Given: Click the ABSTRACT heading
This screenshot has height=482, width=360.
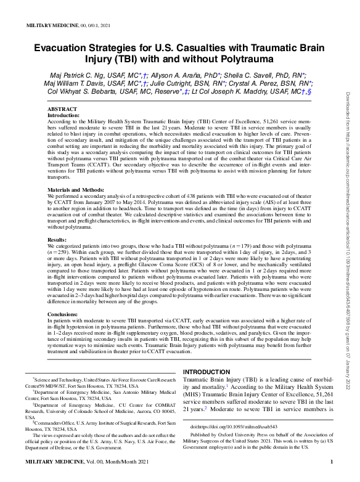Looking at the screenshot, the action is coord(62,109).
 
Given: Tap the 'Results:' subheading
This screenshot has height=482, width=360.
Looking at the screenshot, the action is coord(57,239).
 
